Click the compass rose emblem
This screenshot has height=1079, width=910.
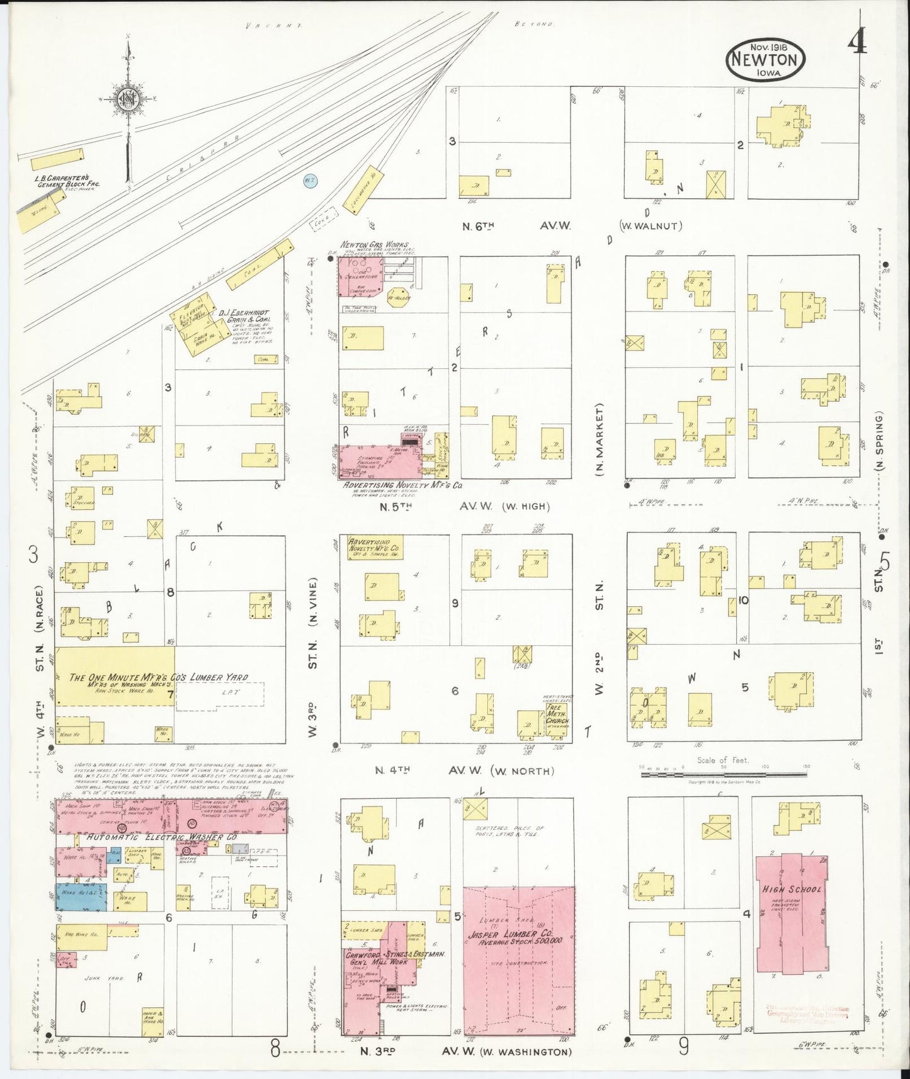coord(127,99)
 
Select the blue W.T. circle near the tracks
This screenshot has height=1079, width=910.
coord(309,181)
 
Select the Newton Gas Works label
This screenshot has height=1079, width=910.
coord(374,245)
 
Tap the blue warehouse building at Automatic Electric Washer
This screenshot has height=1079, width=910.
coord(81,896)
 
